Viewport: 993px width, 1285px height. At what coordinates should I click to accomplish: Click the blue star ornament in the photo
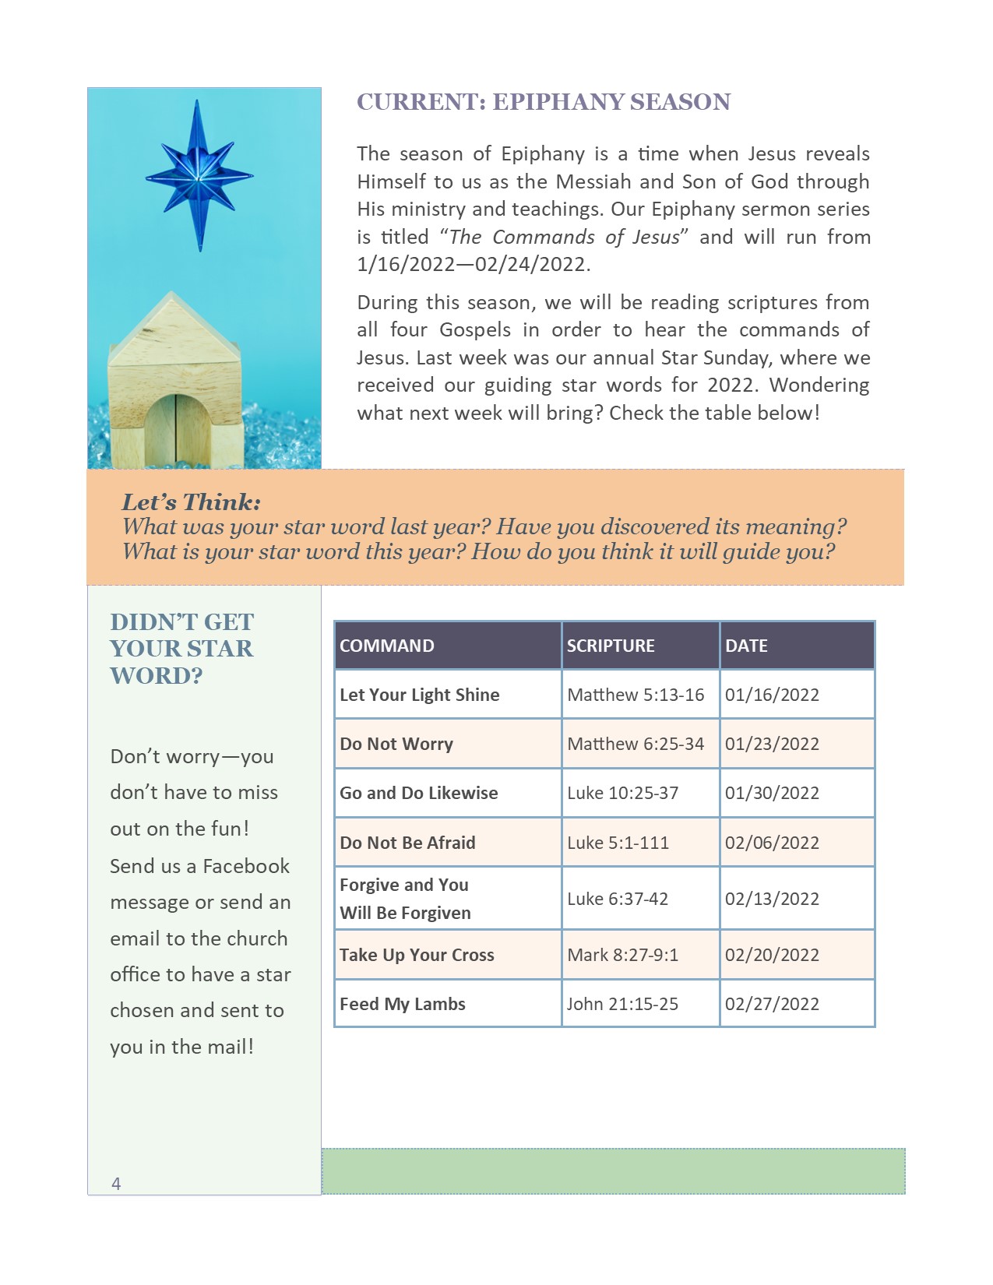pos(199,176)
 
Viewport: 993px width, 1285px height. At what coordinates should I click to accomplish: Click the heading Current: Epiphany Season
pos(544,102)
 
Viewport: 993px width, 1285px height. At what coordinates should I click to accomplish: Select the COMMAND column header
pos(387,646)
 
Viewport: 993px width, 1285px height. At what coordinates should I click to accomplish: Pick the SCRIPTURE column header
pos(611,646)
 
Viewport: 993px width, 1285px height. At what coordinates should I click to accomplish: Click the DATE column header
pos(746,646)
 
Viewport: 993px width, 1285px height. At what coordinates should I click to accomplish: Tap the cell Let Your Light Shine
pos(420,695)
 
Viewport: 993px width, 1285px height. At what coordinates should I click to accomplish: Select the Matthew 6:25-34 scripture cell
pos(636,744)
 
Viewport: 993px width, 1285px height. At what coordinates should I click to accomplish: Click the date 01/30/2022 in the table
pos(772,793)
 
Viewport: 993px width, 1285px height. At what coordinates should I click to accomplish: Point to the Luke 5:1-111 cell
pos(618,843)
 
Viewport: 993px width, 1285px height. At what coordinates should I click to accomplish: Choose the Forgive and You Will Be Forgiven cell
pos(405,899)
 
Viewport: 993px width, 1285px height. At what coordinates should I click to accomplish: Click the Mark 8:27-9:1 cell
pos(622,955)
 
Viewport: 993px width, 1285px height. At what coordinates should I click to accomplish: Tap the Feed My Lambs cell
pos(403,1004)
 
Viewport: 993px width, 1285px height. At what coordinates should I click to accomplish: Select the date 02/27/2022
pos(772,1004)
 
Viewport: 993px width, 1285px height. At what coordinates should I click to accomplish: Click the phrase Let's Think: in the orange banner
pos(191,502)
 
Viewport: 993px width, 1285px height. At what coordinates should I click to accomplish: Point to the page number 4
pos(116,1184)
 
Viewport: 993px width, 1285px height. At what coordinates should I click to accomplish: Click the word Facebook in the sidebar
pos(245,866)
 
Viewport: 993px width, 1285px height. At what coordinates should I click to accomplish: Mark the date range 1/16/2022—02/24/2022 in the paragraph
pos(473,265)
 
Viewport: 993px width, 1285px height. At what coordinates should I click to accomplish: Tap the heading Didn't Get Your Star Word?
pos(181,648)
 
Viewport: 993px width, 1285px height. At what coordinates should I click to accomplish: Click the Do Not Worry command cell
pos(396,744)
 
